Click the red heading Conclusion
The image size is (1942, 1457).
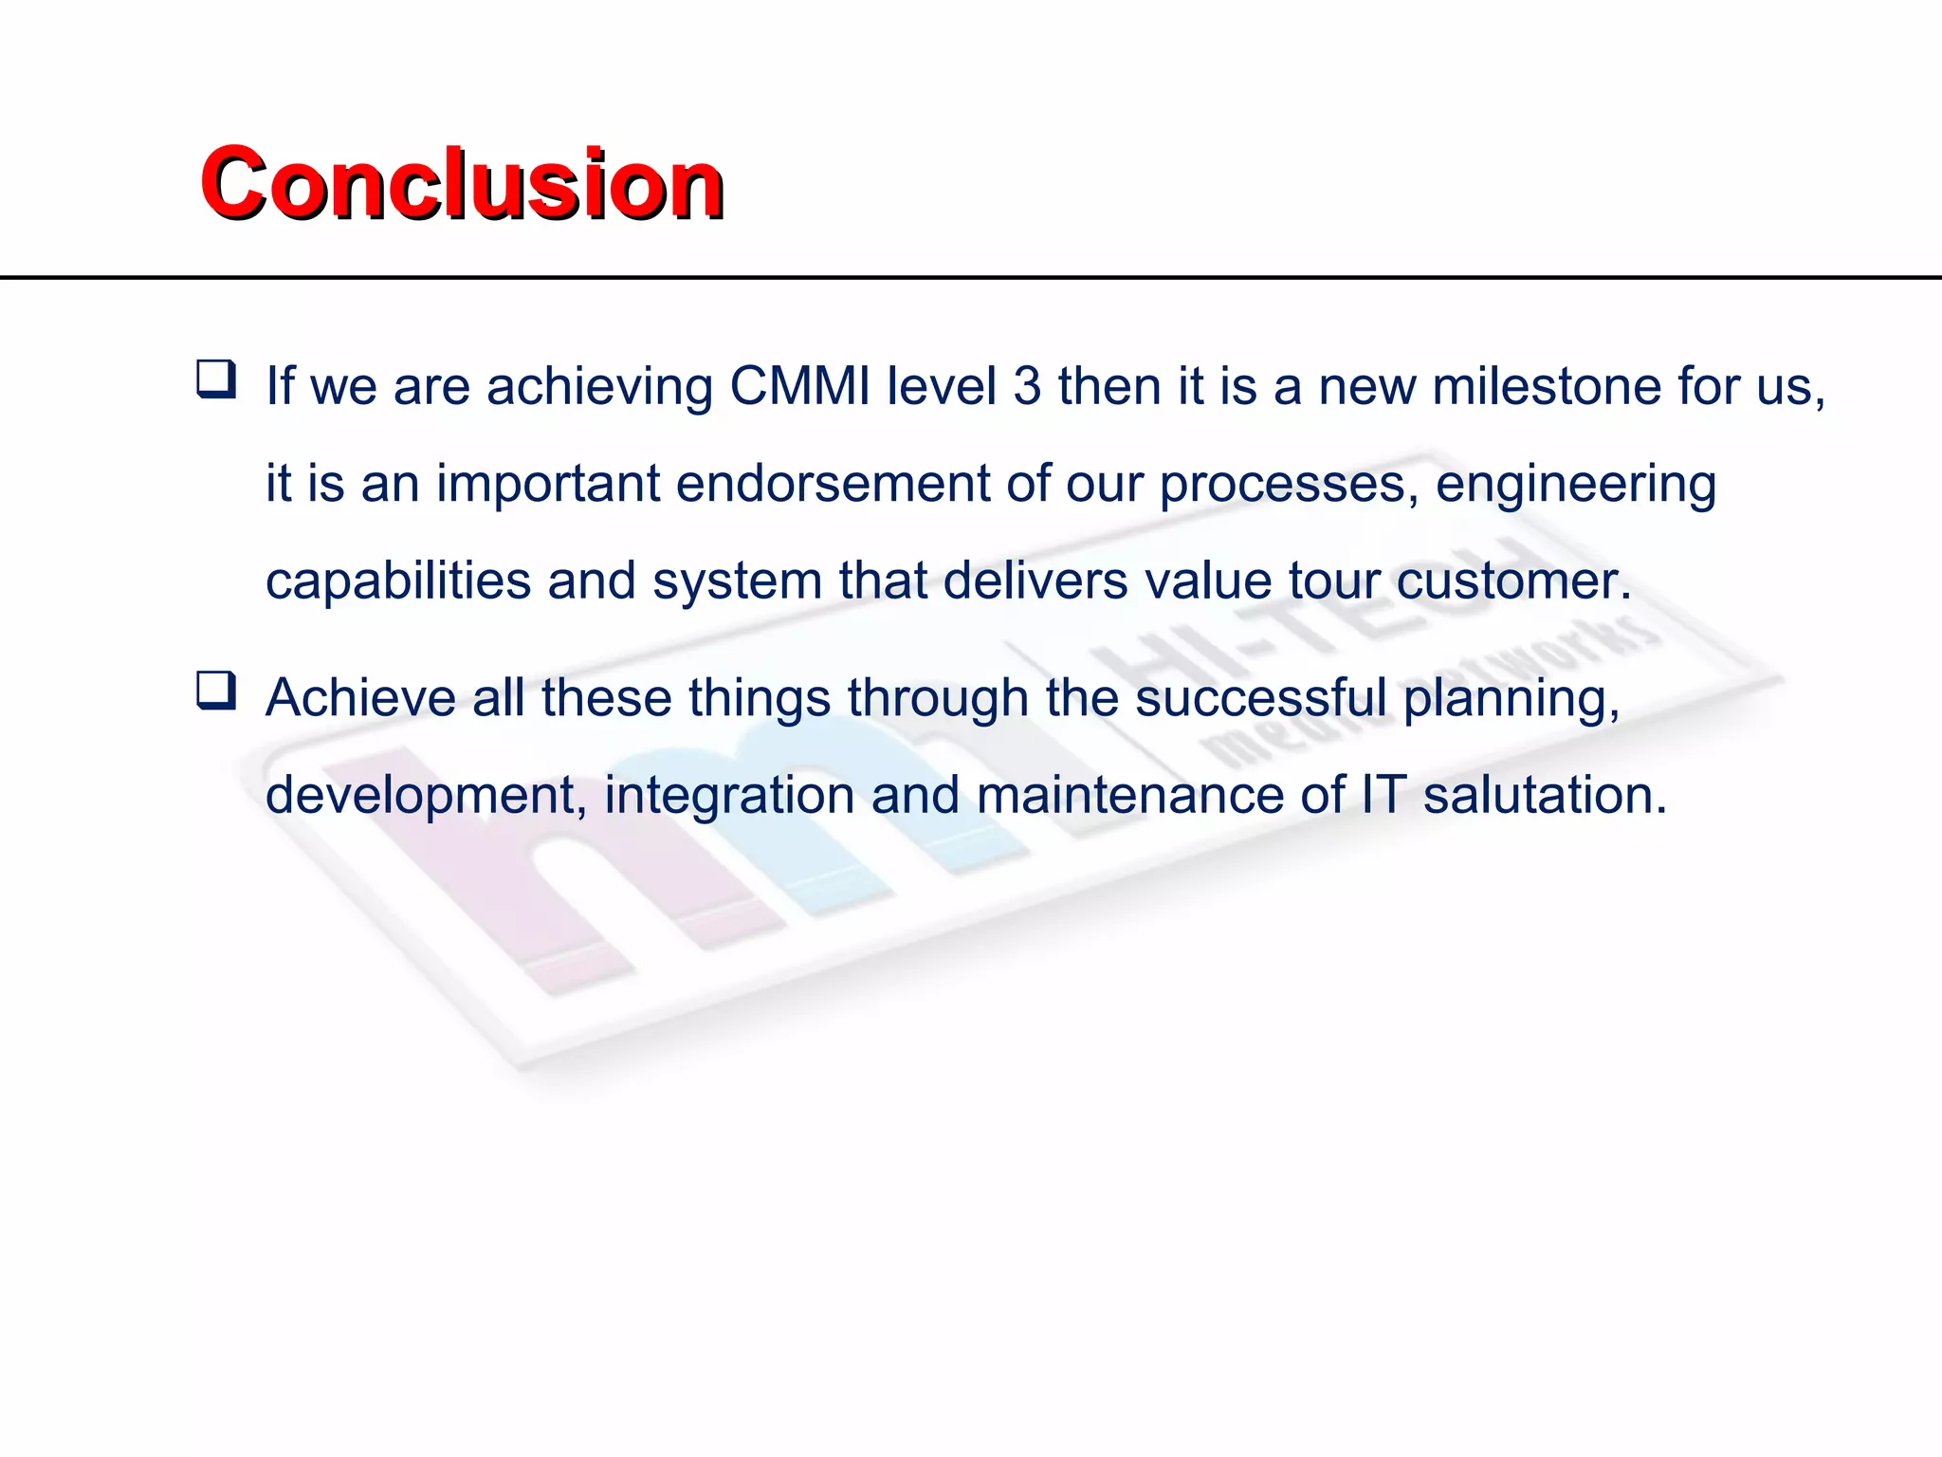click(x=462, y=184)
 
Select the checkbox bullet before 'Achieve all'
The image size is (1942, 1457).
click(x=216, y=691)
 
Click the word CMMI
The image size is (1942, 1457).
click(x=799, y=386)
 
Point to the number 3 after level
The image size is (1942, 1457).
click(x=1027, y=386)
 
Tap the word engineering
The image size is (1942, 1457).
click(x=1575, y=484)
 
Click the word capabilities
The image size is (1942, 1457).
click(x=397, y=581)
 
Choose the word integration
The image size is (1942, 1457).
click(x=729, y=795)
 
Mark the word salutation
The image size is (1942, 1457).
click(x=1544, y=795)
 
